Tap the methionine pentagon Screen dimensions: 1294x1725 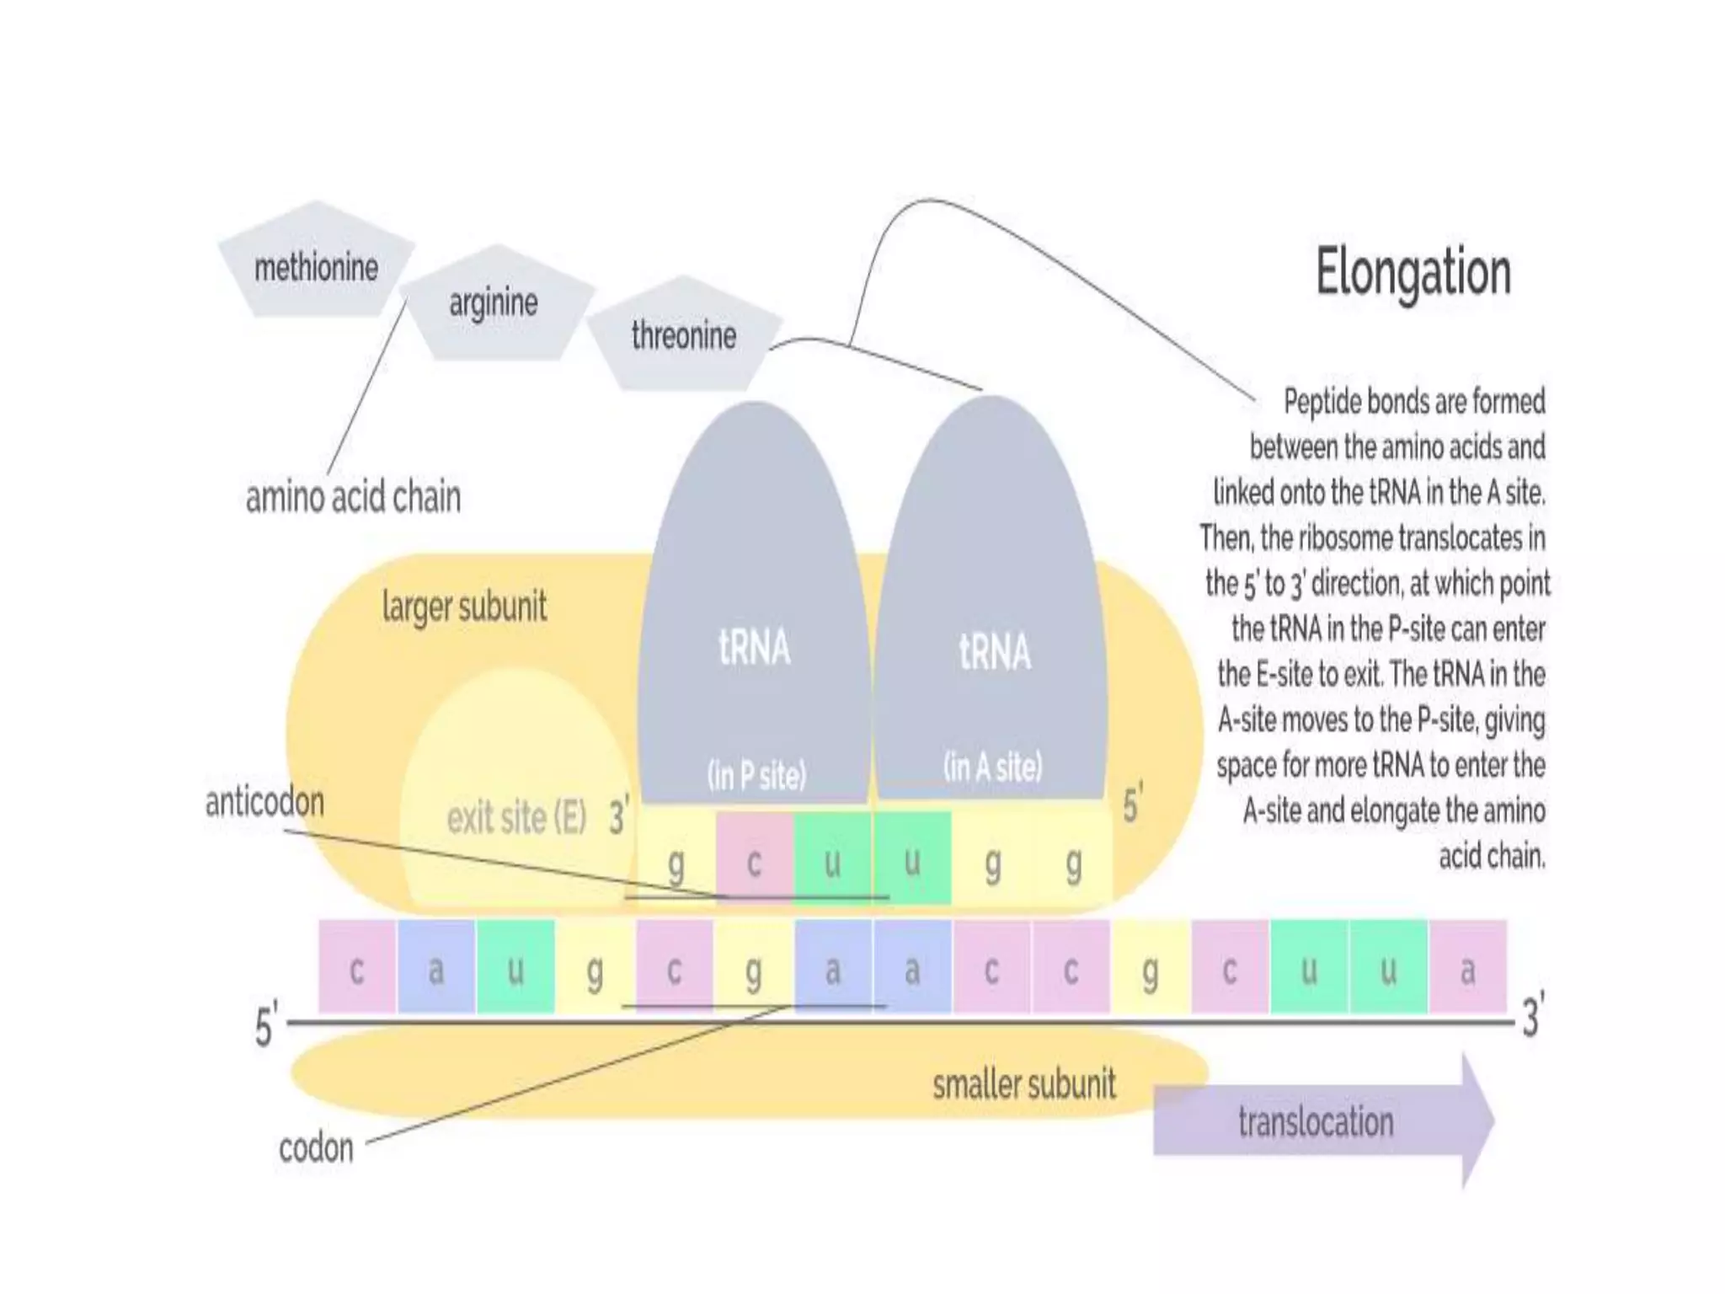(x=316, y=266)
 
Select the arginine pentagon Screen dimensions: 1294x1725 (x=494, y=303)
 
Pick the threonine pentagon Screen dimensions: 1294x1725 (x=684, y=336)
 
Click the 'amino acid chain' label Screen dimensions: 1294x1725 (x=353, y=497)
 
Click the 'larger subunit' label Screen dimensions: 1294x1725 (x=464, y=607)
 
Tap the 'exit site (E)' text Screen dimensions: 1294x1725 (x=516, y=817)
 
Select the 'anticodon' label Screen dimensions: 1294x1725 (x=264, y=802)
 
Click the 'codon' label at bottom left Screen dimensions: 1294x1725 (x=316, y=1148)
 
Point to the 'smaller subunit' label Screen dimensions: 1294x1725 (x=1023, y=1084)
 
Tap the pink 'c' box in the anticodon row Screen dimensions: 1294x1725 (x=754, y=859)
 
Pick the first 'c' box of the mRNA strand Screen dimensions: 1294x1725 (x=357, y=968)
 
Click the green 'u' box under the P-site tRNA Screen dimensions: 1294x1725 (x=832, y=859)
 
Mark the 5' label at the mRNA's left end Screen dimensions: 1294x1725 (x=265, y=1026)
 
